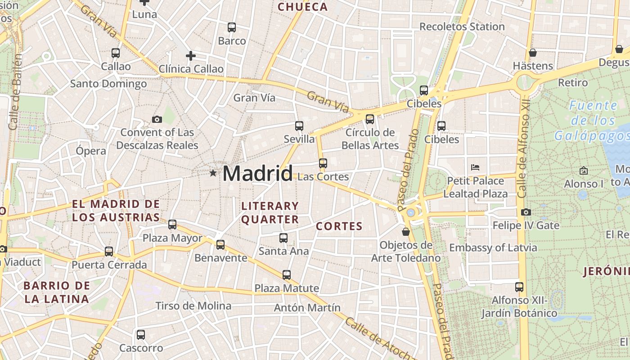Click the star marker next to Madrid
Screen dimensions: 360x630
pos(213,173)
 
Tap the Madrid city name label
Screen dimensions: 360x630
pos(257,173)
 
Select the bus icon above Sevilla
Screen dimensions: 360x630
pos(299,126)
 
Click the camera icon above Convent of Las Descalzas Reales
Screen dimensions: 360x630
pos(157,119)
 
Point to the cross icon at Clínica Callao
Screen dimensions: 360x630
pos(191,56)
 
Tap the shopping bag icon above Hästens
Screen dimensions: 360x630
pos(533,53)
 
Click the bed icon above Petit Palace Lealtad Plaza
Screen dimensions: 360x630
pos(475,167)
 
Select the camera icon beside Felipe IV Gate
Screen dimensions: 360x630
pos(526,212)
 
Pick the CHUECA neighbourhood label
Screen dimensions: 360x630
pos(302,7)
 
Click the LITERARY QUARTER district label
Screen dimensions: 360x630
pos(270,213)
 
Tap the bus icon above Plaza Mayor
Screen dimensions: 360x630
pos(172,225)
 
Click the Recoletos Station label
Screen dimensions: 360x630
pos(462,27)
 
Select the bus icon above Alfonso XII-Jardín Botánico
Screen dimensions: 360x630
pos(519,287)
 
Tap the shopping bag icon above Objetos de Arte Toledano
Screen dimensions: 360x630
pos(406,232)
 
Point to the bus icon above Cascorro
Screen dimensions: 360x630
pos(141,335)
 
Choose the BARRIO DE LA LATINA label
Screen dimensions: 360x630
pos(57,292)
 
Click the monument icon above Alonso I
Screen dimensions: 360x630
pos(584,171)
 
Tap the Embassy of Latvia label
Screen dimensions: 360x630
pos(493,248)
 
